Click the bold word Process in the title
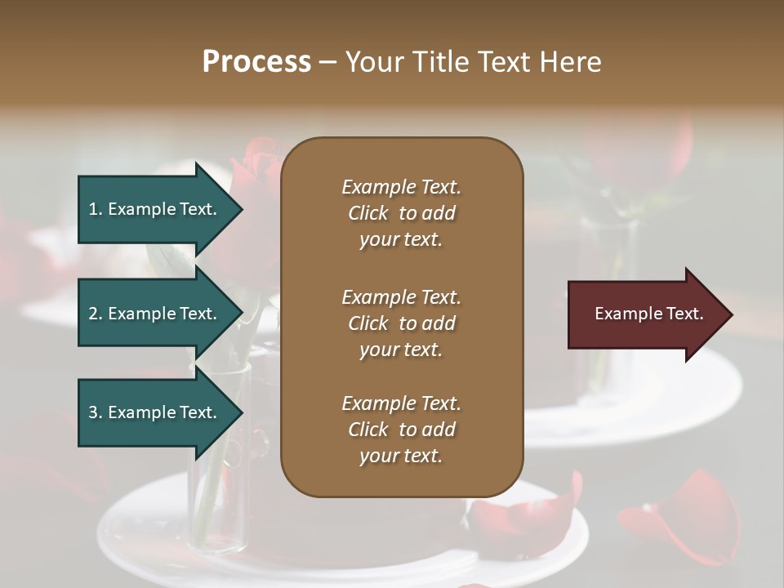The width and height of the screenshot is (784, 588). click(x=256, y=62)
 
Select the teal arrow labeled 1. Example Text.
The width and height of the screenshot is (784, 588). click(x=155, y=209)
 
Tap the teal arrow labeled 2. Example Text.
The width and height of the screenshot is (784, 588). click(x=155, y=314)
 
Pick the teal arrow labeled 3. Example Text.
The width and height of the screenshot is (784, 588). click(x=155, y=412)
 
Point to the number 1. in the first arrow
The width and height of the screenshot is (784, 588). click(x=96, y=209)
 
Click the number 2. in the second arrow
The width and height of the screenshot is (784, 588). click(x=96, y=314)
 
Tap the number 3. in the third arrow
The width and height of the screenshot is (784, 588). click(x=96, y=412)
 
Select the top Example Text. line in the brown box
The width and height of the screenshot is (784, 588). click(x=401, y=187)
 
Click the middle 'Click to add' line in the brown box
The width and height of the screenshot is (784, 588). click(x=401, y=323)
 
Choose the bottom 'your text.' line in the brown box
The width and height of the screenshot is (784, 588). click(x=401, y=457)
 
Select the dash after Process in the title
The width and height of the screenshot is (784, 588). click(x=327, y=62)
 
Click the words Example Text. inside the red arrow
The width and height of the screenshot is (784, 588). click(x=648, y=314)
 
